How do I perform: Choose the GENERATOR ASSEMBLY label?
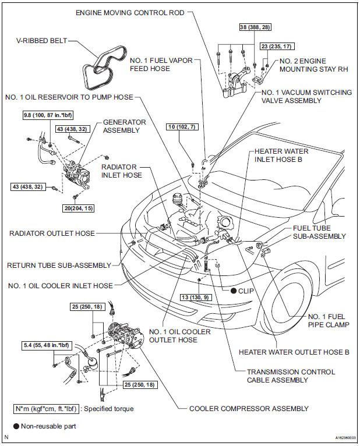pos(123,126)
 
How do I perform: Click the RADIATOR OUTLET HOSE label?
pos(52,233)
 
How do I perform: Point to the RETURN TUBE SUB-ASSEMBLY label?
pos(58,265)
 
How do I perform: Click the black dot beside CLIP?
pos(232,290)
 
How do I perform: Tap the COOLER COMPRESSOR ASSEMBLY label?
pos(249,408)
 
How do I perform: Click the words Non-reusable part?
pos(48,426)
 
